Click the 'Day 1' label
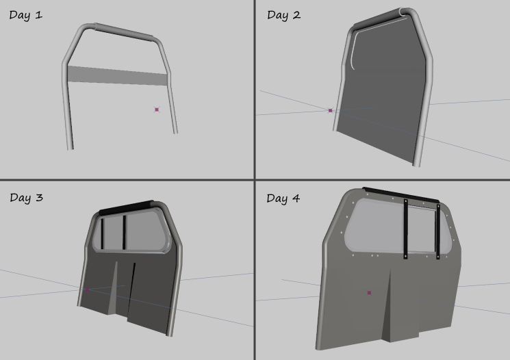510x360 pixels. (26, 15)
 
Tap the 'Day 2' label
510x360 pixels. (283, 15)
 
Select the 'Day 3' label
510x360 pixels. (26, 198)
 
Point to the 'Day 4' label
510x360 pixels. (283, 198)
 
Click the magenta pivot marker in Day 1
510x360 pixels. (157, 110)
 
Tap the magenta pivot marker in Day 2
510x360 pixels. (331, 111)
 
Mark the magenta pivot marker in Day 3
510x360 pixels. (87, 289)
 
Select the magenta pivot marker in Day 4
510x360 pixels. (369, 293)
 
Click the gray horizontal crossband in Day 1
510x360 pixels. (118, 76)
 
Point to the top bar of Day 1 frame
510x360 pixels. (124, 32)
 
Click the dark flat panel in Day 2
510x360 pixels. (384, 94)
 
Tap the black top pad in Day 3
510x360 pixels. (126, 208)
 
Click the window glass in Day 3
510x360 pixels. (130, 231)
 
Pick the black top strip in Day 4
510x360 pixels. (400, 195)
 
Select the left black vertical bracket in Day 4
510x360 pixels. (405, 229)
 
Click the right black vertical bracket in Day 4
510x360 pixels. (438, 231)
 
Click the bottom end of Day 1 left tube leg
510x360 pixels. (71, 149)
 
